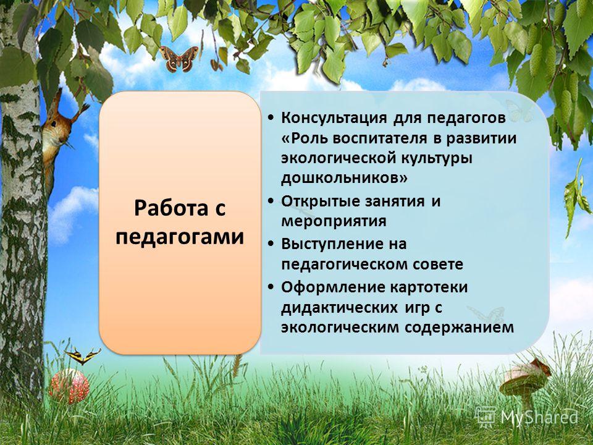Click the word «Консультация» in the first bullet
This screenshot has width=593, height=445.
(x=334, y=118)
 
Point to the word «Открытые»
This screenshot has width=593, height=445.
(x=321, y=201)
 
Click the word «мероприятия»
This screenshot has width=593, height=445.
(x=334, y=221)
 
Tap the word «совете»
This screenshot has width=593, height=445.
(x=437, y=264)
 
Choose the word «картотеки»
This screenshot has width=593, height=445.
(x=429, y=287)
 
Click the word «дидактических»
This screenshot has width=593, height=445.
(x=339, y=308)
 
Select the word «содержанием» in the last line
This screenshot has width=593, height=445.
(x=459, y=328)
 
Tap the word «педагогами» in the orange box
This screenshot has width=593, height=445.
(x=180, y=237)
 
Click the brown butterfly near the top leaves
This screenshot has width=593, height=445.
(x=179, y=59)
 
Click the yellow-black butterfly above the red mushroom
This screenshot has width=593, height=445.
(x=82, y=356)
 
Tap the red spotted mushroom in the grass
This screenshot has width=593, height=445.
(x=69, y=386)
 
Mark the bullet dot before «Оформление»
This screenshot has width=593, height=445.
(x=271, y=287)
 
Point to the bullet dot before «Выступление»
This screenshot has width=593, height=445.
(x=271, y=245)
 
